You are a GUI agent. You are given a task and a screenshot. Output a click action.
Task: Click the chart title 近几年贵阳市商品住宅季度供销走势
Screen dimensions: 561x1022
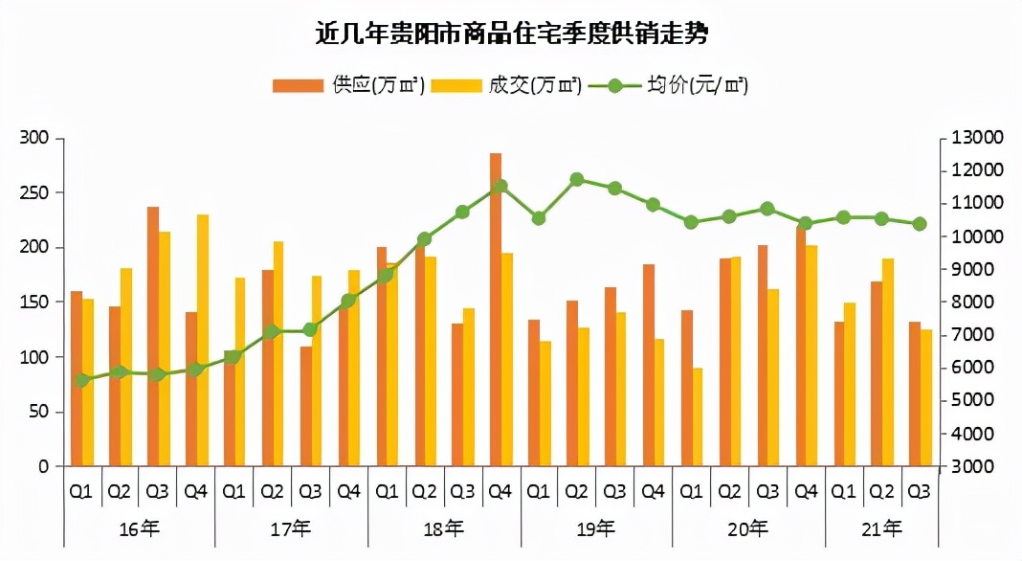[511, 35]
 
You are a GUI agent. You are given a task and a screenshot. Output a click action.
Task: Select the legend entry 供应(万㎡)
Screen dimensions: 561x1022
[349, 85]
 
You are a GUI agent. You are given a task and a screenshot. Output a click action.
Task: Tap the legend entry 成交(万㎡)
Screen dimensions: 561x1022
[506, 85]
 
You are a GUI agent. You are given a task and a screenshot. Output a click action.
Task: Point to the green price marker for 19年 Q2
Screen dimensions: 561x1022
[577, 179]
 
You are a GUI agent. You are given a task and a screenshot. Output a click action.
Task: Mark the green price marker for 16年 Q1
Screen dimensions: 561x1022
[81, 380]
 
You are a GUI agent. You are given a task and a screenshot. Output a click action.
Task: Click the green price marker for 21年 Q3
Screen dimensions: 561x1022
[920, 224]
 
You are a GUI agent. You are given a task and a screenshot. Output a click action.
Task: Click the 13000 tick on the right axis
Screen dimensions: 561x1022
[976, 138]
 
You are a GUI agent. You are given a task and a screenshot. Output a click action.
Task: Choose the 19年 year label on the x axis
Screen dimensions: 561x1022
[596, 527]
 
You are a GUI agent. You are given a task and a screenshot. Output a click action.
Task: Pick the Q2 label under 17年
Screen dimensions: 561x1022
[272, 492]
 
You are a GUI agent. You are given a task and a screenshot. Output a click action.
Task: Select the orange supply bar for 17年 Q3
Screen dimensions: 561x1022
[306, 407]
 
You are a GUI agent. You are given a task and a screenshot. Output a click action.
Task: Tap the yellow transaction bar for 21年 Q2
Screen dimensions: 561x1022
[888, 363]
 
